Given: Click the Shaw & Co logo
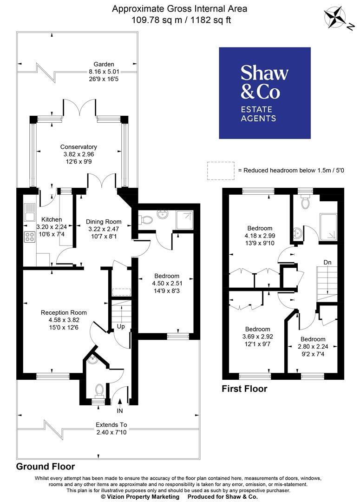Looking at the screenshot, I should pyautogui.click(x=265, y=93).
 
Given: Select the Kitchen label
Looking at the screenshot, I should pyautogui.click(x=52, y=219).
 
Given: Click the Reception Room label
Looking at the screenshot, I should pyautogui.click(x=64, y=312).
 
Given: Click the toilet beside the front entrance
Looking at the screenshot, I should pyautogui.click(x=98, y=388).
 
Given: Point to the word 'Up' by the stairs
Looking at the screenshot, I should pyautogui.click(x=121, y=326).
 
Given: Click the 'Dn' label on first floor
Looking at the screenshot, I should pyautogui.click(x=327, y=263).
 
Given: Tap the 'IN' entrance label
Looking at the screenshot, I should pyautogui.click(x=120, y=410).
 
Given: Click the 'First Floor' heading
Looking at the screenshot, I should pyautogui.click(x=244, y=389).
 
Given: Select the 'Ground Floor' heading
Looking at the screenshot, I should pyautogui.click(x=46, y=466).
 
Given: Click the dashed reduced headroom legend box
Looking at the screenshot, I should pyautogui.click(x=221, y=171).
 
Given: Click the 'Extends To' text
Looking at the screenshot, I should pyautogui.click(x=111, y=424).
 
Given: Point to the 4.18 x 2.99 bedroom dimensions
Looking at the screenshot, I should pyautogui.click(x=260, y=236).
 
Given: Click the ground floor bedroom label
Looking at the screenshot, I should pyautogui.click(x=166, y=276).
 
